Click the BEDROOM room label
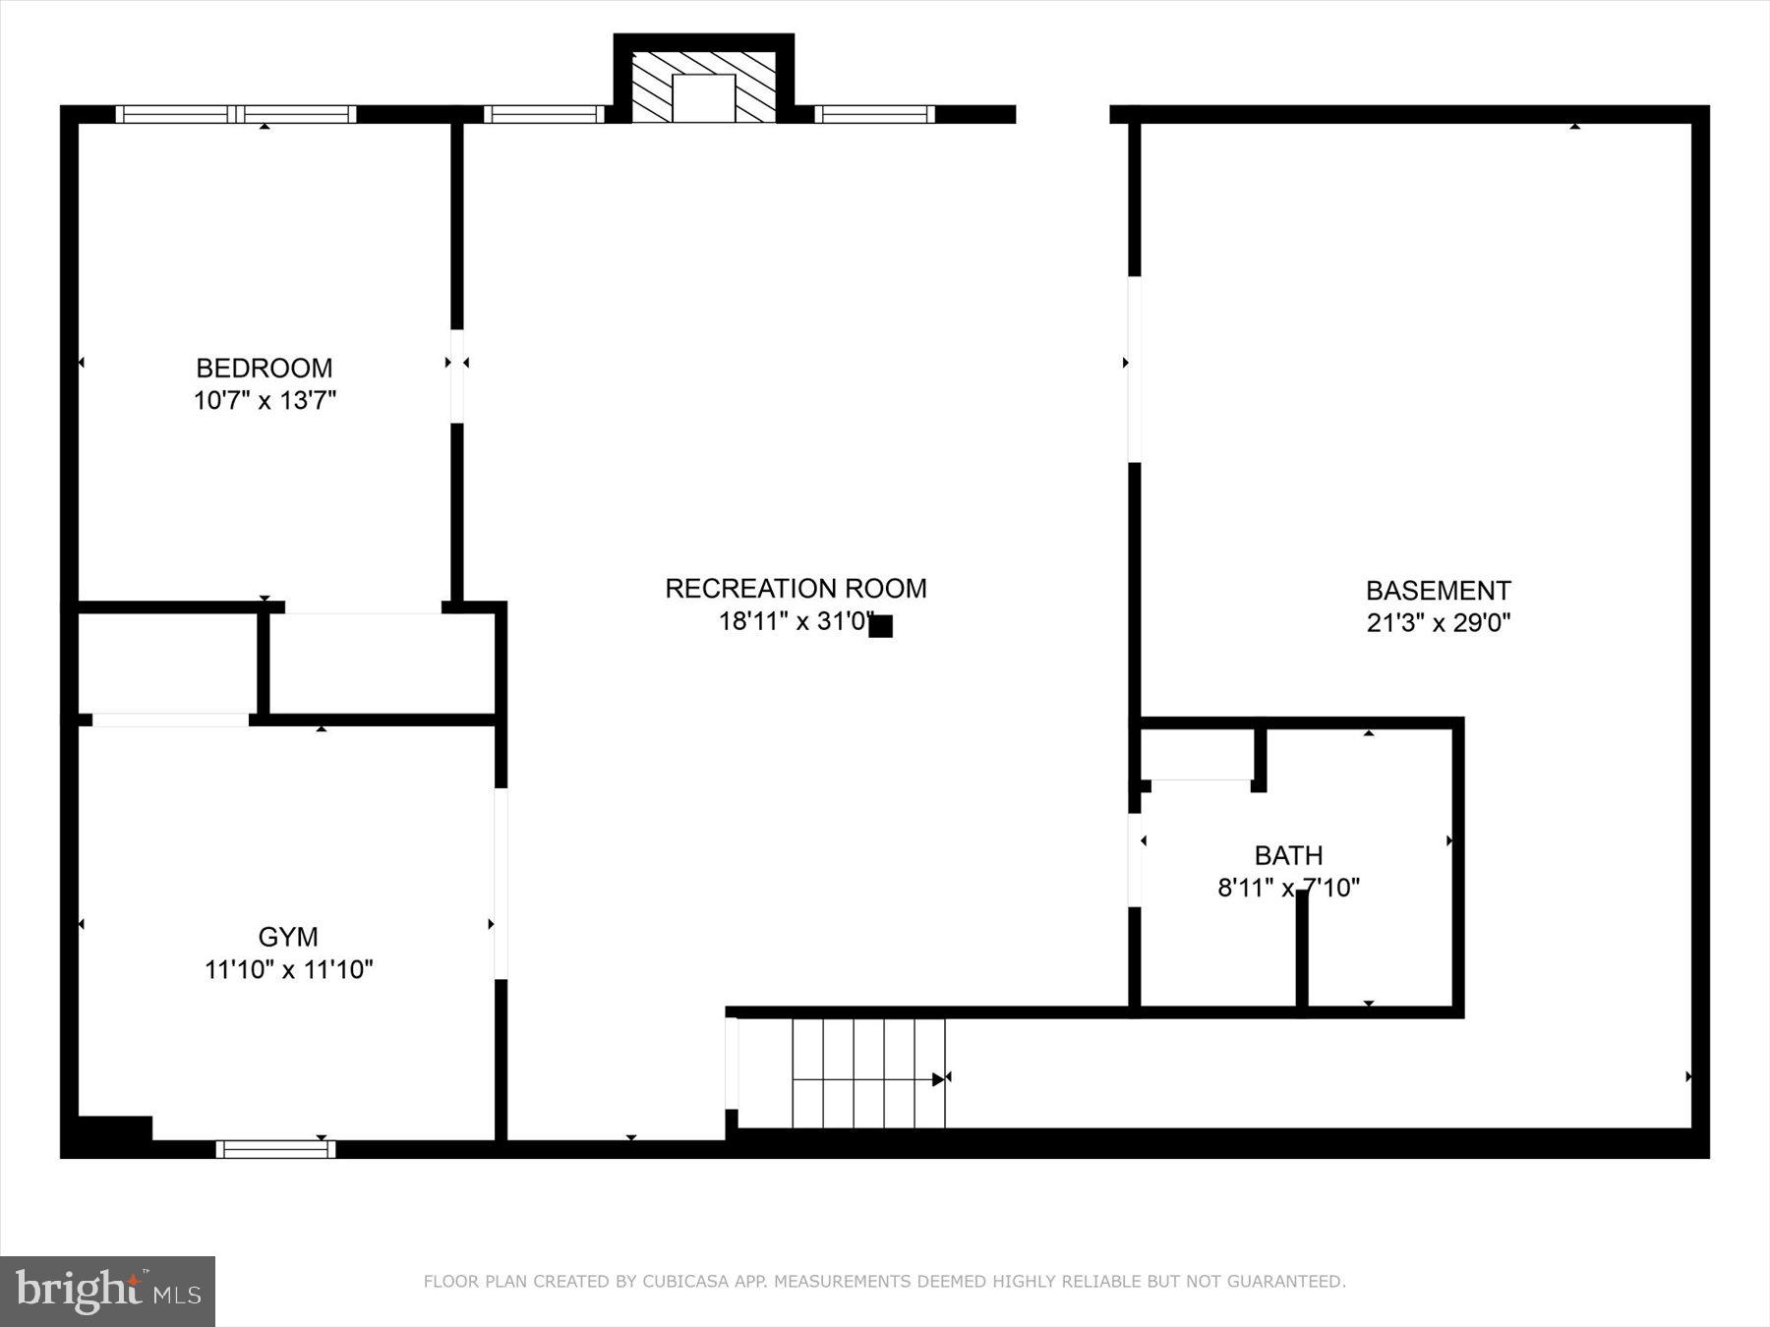click(264, 368)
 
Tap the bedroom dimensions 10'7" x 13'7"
click(265, 400)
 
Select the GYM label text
click(288, 937)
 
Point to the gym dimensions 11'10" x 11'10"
click(288, 969)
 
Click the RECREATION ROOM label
click(796, 588)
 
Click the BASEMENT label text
click(1438, 590)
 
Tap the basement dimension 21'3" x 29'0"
click(1438, 622)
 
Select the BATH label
click(1288, 855)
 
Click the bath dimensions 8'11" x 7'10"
click(1288, 888)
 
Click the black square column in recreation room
click(880, 626)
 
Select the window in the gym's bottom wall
click(275, 1148)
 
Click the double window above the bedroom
click(236, 114)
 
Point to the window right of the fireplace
click(874, 114)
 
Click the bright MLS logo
click(107, 1291)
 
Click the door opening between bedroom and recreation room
click(457, 376)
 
